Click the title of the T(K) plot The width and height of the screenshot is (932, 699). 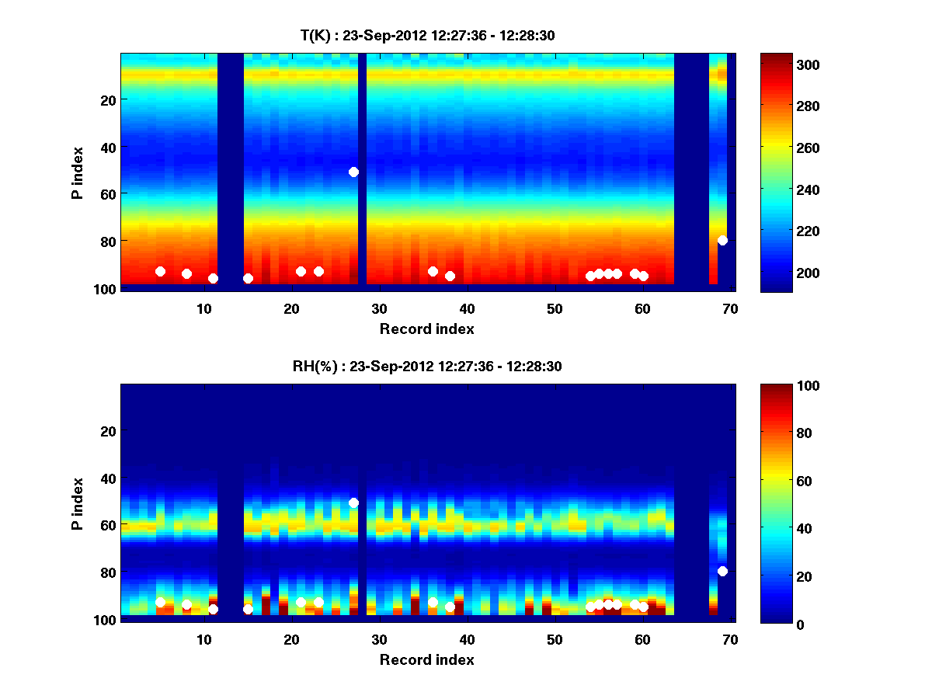427,35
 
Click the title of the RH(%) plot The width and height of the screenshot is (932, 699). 427,366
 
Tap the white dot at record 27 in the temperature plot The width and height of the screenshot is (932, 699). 353,172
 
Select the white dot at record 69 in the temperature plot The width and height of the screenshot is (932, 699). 722,240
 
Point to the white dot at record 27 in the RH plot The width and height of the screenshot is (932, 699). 353,503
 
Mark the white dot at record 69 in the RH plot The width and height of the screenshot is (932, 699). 722,571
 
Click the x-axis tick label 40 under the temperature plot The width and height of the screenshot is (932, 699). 467,309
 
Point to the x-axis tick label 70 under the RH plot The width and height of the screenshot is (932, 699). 730,640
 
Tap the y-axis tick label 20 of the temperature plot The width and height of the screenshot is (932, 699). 107,99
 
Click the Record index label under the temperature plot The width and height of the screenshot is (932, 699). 427,329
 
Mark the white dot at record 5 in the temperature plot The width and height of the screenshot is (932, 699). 160,271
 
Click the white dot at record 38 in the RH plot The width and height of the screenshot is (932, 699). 450,607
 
